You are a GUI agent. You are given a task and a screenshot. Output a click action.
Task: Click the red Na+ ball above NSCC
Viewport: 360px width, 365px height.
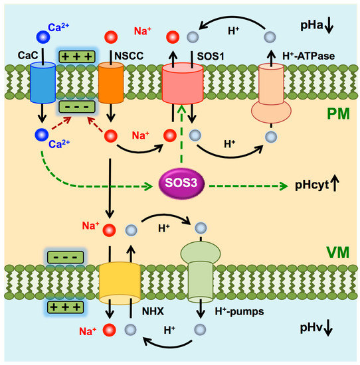(x=112, y=36)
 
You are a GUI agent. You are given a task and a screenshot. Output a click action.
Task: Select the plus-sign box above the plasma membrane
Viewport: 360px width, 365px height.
(x=75, y=58)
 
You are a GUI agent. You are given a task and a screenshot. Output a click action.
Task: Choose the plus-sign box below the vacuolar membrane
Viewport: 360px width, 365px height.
(x=63, y=306)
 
